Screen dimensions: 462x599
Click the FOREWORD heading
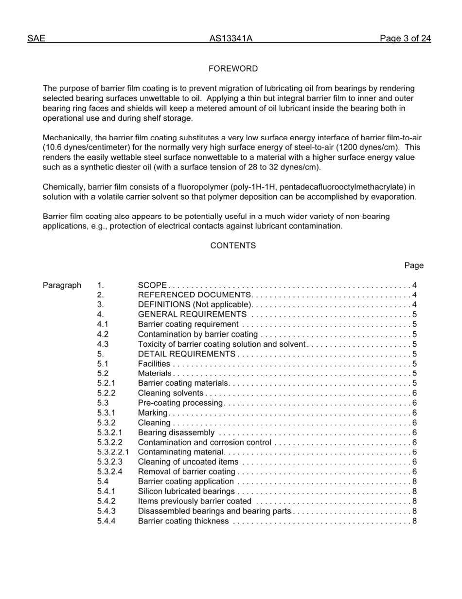[x=233, y=69]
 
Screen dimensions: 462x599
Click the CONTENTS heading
[x=233, y=245]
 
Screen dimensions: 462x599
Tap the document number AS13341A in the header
[x=231, y=38]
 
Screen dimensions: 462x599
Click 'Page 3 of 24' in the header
[x=405, y=38]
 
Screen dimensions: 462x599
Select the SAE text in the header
[x=36, y=38]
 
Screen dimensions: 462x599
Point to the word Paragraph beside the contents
[x=62, y=285]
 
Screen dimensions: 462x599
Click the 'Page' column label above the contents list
[x=414, y=265]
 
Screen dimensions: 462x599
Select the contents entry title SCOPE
[x=152, y=285]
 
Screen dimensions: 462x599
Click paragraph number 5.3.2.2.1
[x=113, y=452]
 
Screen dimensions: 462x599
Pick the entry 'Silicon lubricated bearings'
[x=186, y=491]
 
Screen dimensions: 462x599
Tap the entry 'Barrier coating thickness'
[x=183, y=521]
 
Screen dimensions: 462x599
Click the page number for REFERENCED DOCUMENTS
[x=414, y=295]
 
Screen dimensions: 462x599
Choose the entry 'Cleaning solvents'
[x=171, y=393]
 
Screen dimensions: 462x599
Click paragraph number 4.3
[x=103, y=344]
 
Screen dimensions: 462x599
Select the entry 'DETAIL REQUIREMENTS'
[x=187, y=354]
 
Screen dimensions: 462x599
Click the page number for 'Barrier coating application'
[x=414, y=482]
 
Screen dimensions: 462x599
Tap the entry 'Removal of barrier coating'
[x=187, y=472]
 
